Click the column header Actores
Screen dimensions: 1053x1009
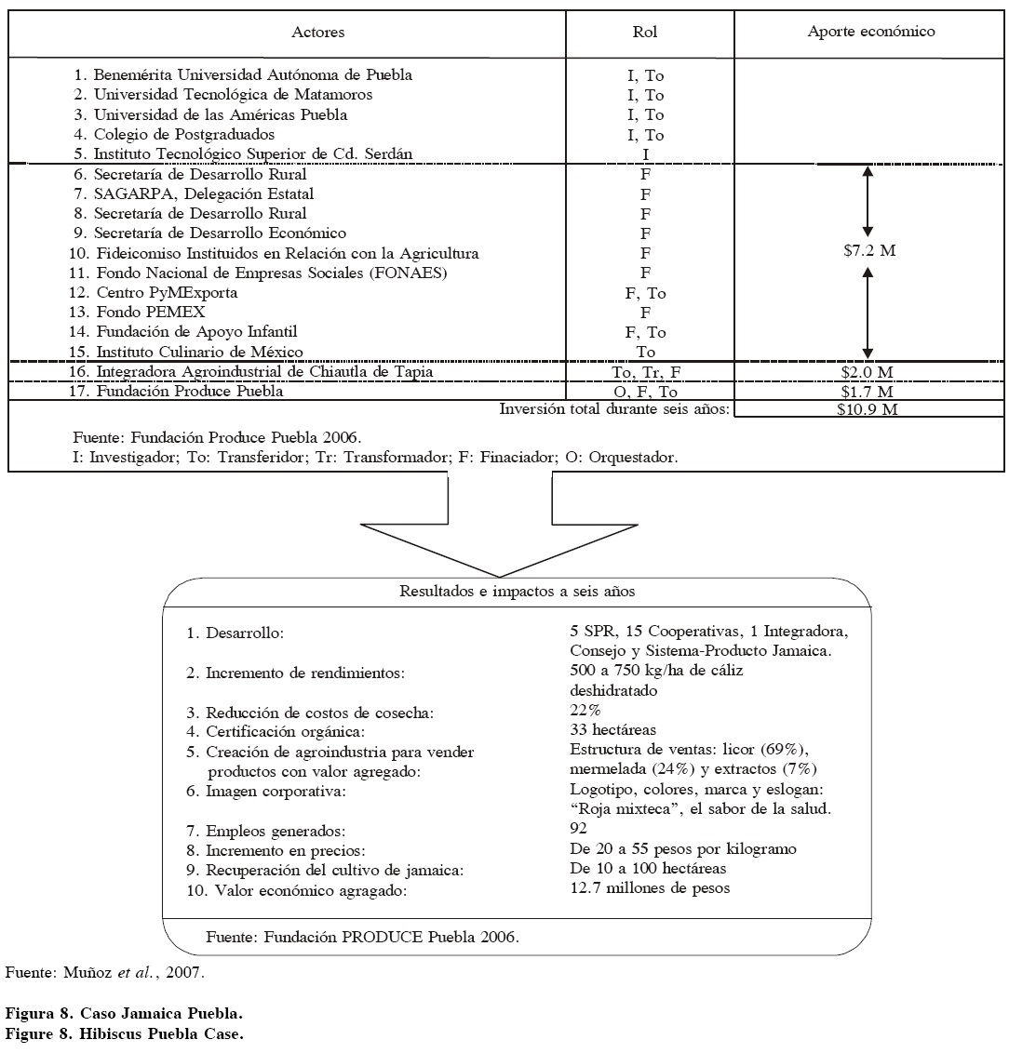click(317, 33)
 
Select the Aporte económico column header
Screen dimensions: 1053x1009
click(870, 33)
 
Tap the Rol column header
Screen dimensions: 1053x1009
click(645, 33)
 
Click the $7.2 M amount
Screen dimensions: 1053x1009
click(868, 252)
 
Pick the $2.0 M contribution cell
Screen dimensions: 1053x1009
click(868, 372)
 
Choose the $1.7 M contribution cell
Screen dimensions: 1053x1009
click(868, 392)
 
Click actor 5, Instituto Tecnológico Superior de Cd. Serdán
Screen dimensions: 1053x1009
click(251, 154)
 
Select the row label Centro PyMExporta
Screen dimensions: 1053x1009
click(167, 292)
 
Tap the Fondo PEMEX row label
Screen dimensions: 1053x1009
click(151, 313)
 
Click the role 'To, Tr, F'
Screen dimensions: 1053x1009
click(645, 372)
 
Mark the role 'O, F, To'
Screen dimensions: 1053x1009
click(645, 392)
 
